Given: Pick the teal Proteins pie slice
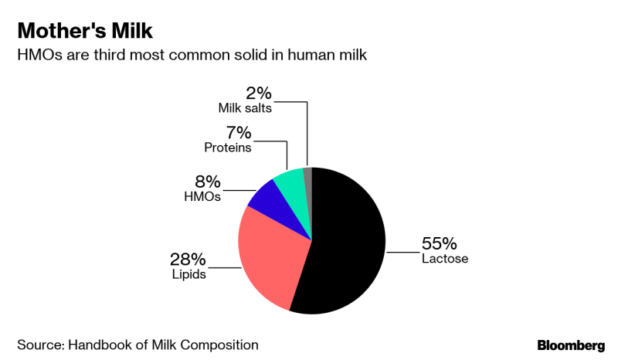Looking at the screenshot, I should [292, 182].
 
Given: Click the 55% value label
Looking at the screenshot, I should [439, 243].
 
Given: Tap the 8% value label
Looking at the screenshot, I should [207, 182].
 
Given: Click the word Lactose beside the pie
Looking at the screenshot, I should [445, 259].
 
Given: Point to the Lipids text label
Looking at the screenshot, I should [188, 273].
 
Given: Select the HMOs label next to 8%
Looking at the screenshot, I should [203, 196].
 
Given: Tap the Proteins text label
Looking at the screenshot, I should [227, 147].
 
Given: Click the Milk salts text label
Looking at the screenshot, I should [246, 107].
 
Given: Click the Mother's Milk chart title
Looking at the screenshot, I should [85, 32].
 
